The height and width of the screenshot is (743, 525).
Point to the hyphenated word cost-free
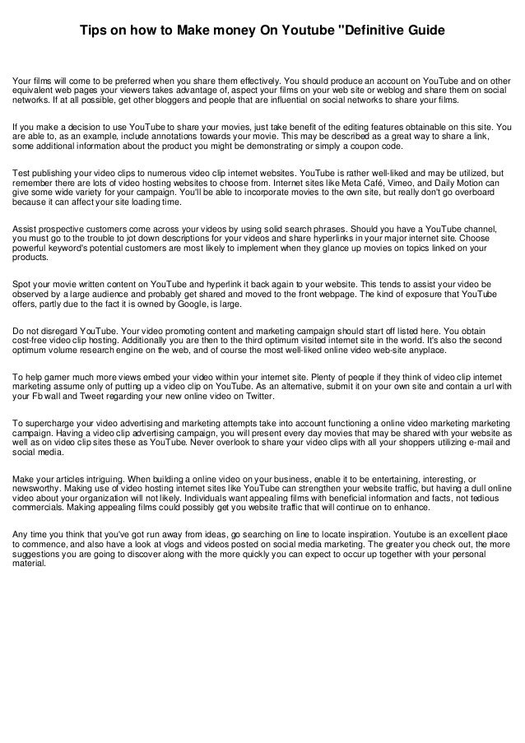click(x=31, y=340)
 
